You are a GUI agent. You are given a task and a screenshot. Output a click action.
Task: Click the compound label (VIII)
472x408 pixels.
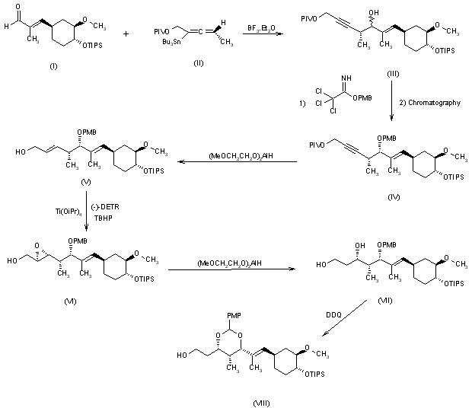(264, 400)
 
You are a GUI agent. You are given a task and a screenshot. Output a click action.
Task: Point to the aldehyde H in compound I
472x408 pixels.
(7, 26)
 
